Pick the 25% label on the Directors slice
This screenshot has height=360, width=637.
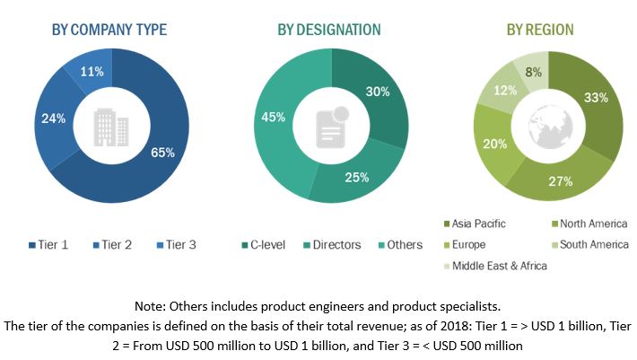point(356,177)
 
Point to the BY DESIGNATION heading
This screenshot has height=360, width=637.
point(328,30)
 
